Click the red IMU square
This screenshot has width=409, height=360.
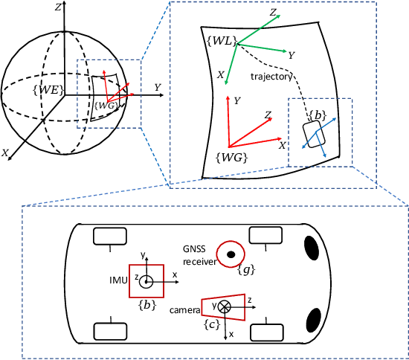(x=146, y=281)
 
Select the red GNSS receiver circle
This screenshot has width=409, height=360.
(x=232, y=254)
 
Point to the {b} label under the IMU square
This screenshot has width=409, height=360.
(x=146, y=305)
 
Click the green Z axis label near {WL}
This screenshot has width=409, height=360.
(x=274, y=13)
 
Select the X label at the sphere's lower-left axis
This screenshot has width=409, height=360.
(x=6, y=152)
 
